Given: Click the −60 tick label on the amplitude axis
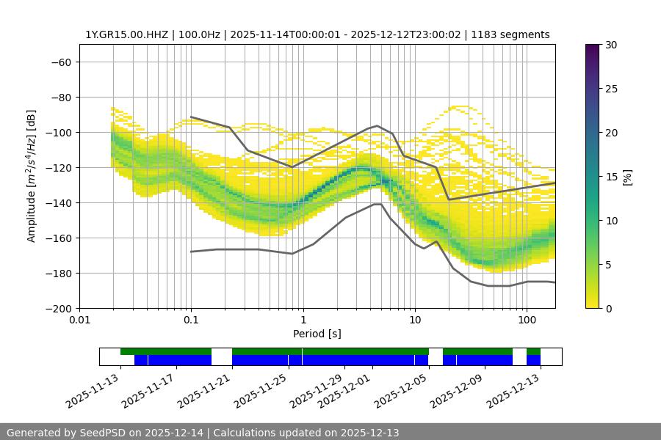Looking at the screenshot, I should pyautogui.click(x=60, y=62).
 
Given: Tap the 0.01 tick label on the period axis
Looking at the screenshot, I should pyautogui.click(x=79, y=320).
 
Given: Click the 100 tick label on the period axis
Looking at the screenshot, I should pyautogui.click(x=526, y=320).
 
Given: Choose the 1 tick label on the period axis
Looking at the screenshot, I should pyautogui.click(x=303, y=320).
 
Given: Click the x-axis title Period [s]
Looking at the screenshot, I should pyautogui.click(x=317, y=334).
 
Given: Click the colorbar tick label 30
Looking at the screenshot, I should pyautogui.click(x=610, y=45).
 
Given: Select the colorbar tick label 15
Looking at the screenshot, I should pyautogui.click(x=610, y=177).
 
